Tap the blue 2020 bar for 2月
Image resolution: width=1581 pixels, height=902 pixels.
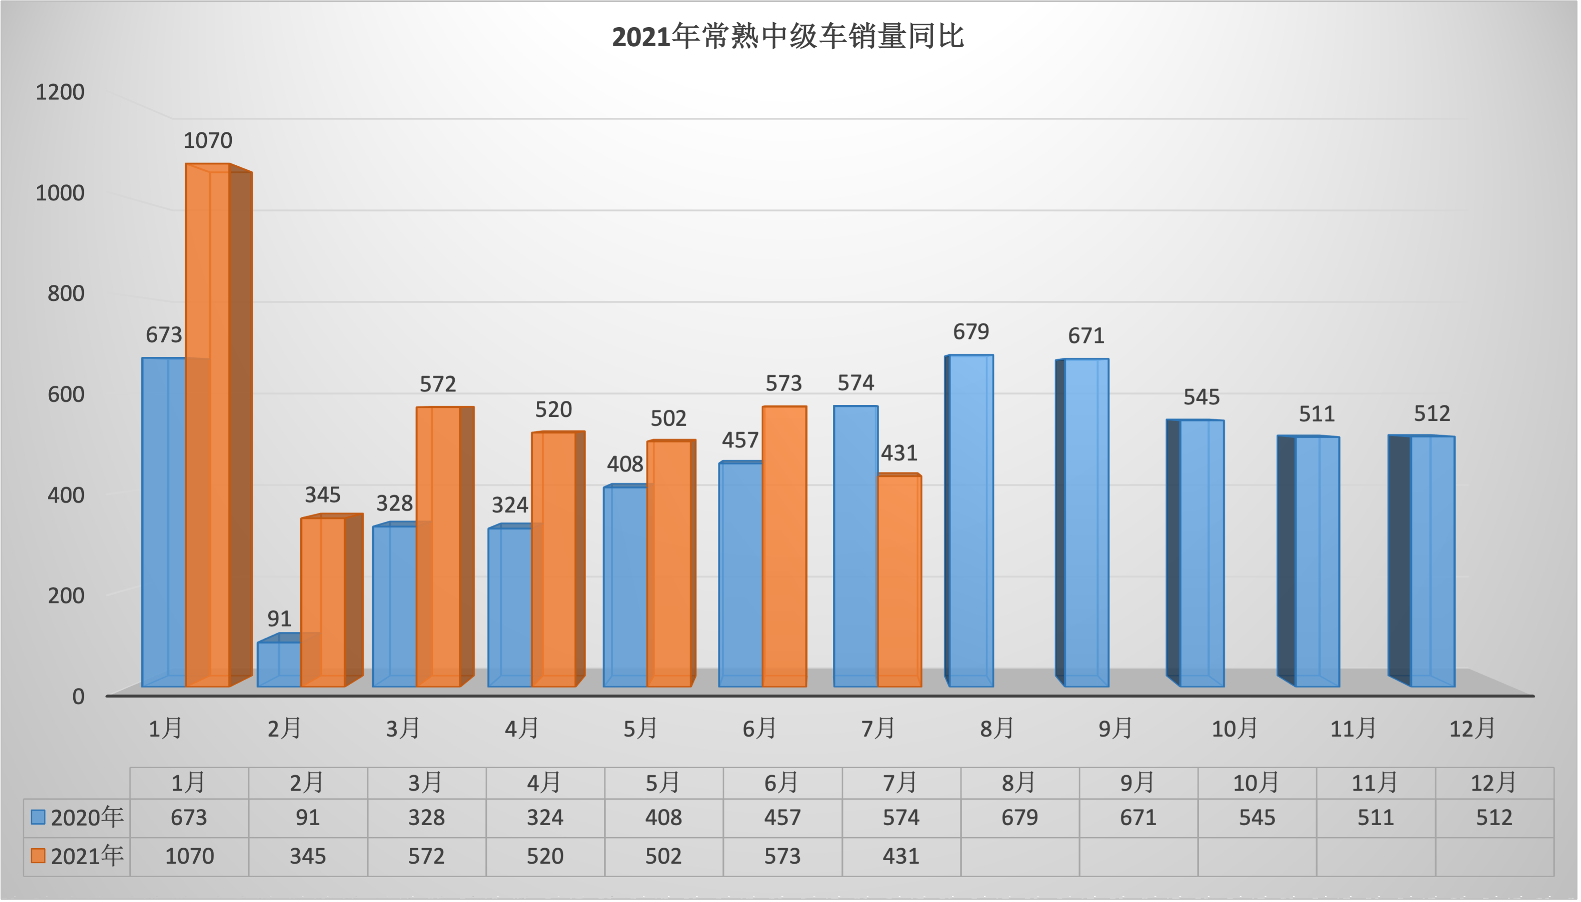(278, 664)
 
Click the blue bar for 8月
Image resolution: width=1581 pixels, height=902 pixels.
(971, 520)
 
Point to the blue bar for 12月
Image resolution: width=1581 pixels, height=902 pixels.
(1432, 561)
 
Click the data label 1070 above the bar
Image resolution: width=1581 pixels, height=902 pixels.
(207, 140)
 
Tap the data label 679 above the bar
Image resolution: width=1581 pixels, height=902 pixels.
(971, 332)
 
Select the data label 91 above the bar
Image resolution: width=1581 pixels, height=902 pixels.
(279, 618)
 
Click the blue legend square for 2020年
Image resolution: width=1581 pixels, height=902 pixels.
(38, 817)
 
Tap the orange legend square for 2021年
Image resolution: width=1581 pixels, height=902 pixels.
(38, 855)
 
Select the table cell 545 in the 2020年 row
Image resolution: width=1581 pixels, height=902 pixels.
(1256, 818)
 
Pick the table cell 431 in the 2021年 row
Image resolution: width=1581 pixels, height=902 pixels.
(901, 856)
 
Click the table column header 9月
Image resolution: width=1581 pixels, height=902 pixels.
(1138, 783)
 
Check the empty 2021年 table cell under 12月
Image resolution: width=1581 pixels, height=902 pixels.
(1494, 856)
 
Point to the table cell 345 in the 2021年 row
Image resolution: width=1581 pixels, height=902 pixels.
(308, 856)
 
